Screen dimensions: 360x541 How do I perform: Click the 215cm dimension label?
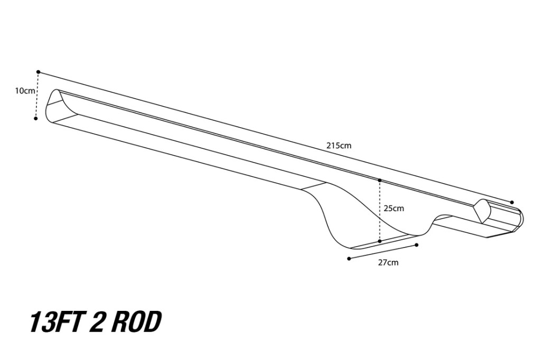(339, 146)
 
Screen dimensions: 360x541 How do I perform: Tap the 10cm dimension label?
(25, 91)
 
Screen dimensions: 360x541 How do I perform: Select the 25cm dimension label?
(394, 209)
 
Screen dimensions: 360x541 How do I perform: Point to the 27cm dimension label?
(388, 262)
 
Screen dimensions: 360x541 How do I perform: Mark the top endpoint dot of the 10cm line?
(39, 71)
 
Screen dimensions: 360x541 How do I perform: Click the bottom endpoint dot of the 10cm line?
(35, 118)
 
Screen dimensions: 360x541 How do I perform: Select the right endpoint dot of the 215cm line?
(512, 202)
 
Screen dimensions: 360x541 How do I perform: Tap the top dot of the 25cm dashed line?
(380, 181)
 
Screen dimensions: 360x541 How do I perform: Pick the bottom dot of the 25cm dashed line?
(380, 241)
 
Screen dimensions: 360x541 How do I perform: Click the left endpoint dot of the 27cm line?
(349, 259)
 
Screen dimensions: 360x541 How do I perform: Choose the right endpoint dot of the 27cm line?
(417, 245)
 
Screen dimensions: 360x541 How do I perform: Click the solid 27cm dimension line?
(383, 252)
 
